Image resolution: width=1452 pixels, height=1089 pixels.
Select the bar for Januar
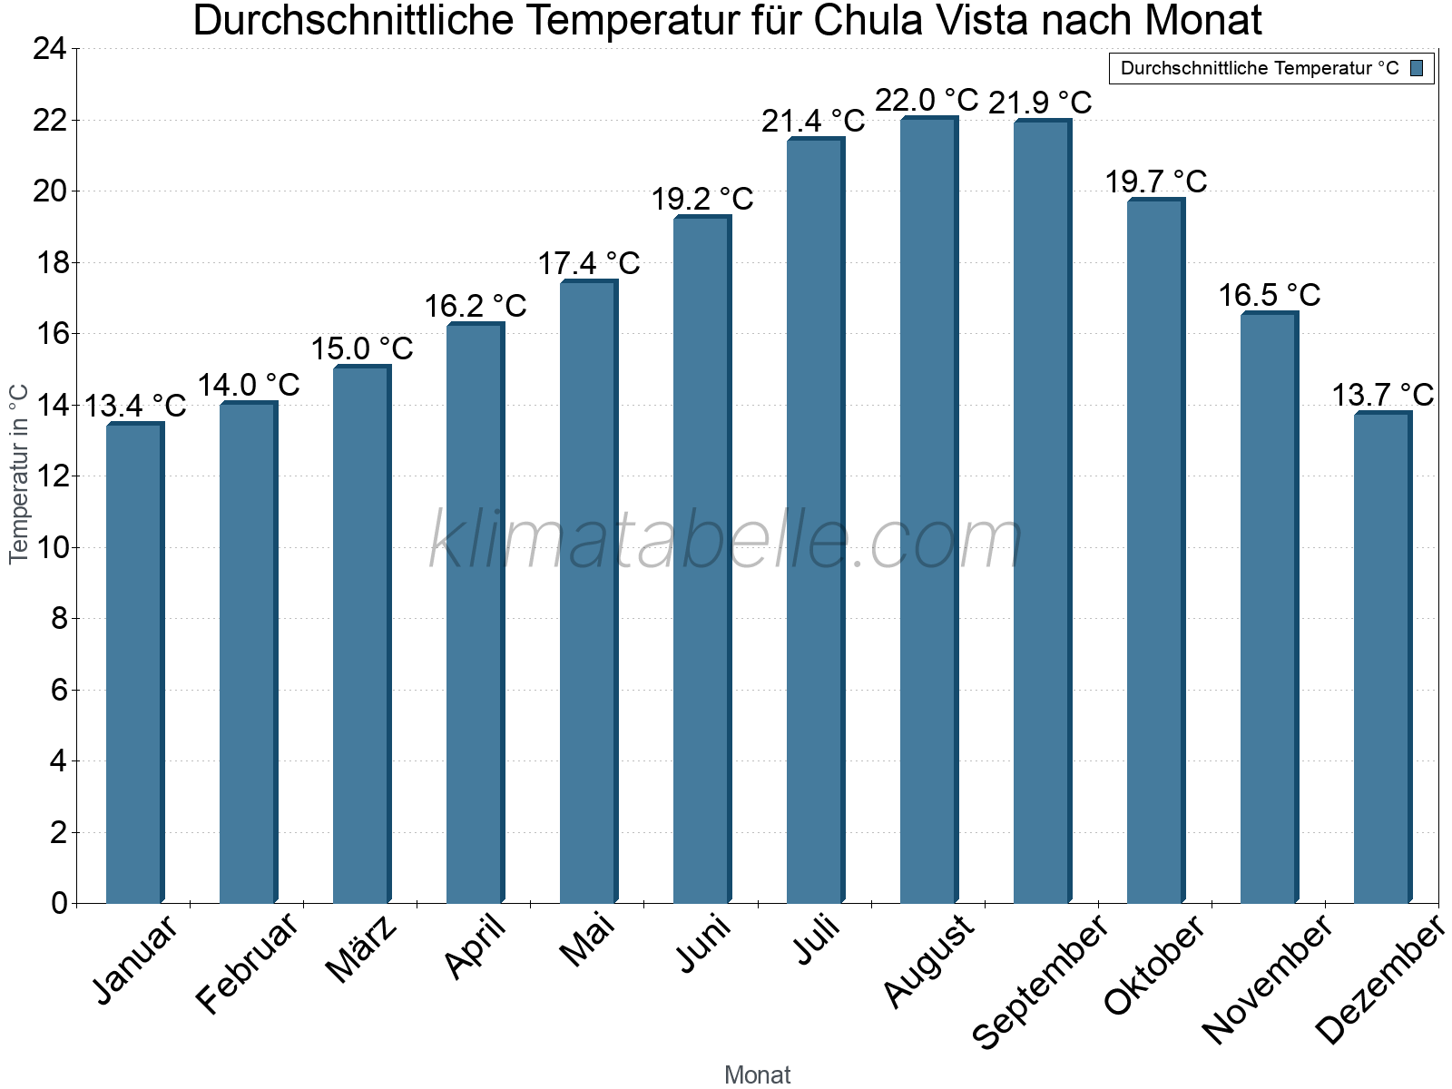[134, 663]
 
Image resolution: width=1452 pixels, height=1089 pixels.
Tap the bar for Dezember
[1382, 658]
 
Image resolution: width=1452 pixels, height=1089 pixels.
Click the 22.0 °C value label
[927, 100]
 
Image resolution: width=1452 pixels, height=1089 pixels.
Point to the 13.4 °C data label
[135, 406]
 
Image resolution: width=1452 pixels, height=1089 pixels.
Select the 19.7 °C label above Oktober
[1155, 181]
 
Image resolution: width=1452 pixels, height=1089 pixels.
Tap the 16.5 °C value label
[1269, 295]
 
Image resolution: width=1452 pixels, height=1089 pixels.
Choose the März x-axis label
[361, 949]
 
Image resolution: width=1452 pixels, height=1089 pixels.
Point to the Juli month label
[817, 940]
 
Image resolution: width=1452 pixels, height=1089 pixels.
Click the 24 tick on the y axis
[50, 49]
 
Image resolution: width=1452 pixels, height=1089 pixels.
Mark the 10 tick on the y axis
[50, 547]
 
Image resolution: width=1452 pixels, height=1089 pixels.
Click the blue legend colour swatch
[1417, 68]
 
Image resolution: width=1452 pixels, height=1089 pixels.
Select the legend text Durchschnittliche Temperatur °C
[1260, 68]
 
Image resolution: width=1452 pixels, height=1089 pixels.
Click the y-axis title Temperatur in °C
[19, 474]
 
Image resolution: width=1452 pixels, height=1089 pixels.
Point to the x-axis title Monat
[757, 1074]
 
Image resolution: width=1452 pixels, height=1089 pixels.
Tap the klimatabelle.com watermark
[726, 541]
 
